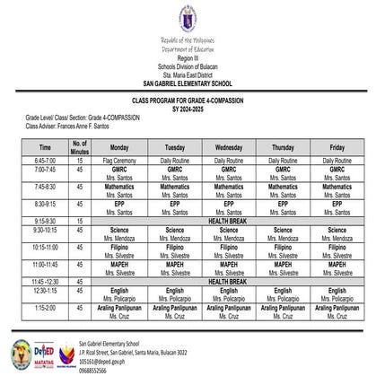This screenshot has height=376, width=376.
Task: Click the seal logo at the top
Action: pos(188,17)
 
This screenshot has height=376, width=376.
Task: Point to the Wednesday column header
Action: pos(229,146)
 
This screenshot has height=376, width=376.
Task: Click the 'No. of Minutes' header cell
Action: pos(80,146)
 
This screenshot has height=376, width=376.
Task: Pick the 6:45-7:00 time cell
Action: pos(45,160)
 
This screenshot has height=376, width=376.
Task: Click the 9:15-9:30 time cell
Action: pos(45,220)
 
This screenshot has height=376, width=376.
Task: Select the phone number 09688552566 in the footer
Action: pos(99,371)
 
